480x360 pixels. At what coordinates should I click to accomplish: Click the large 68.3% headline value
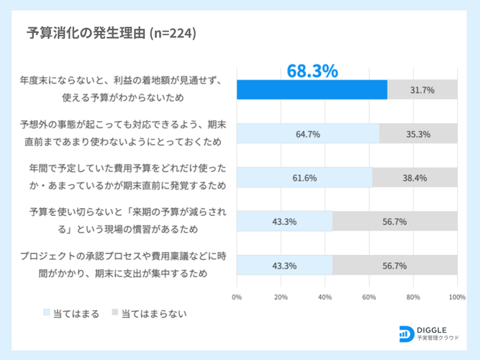(312, 71)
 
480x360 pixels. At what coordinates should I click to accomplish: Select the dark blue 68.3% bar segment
(312, 90)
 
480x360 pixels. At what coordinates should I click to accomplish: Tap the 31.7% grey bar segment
(422, 90)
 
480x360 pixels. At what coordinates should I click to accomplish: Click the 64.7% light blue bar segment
(307, 134)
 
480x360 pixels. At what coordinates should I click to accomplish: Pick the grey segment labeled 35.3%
(418, 134)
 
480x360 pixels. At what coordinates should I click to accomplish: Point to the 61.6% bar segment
(304, 178)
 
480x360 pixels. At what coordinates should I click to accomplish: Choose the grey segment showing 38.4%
(415, 178)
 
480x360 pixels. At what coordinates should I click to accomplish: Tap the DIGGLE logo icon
(406, 333)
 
